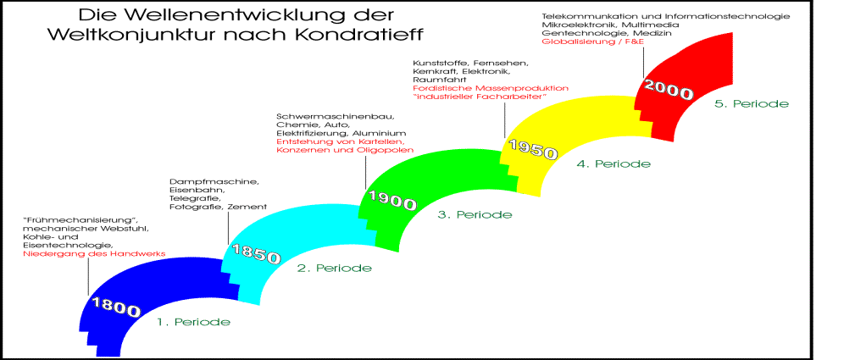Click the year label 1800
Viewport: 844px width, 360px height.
click(116, 307)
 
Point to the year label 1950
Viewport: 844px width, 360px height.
click(532, 150)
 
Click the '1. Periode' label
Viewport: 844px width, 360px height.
click(194, 323)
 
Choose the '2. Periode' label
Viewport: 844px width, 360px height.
click(334, 268)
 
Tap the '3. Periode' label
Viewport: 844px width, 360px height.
click(475, 214)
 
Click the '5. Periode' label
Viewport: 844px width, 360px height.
click(752, 104)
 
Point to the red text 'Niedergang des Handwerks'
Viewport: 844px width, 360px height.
click(94, 253)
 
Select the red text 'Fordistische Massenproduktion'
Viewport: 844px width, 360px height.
click(491, 87)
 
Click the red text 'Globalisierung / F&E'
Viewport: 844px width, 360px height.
click(594, 41)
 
